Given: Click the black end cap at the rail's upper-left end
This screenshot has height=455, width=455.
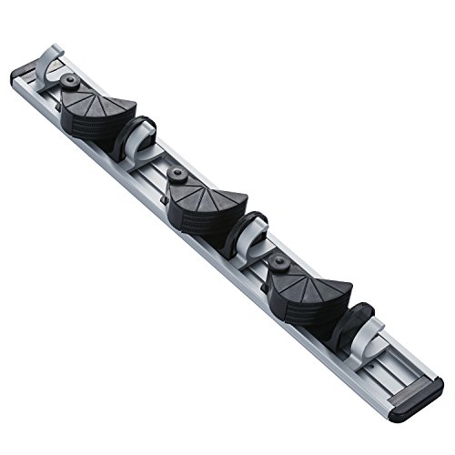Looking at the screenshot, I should click(20, 76).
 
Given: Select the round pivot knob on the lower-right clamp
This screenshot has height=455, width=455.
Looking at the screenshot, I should click(281, 263).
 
